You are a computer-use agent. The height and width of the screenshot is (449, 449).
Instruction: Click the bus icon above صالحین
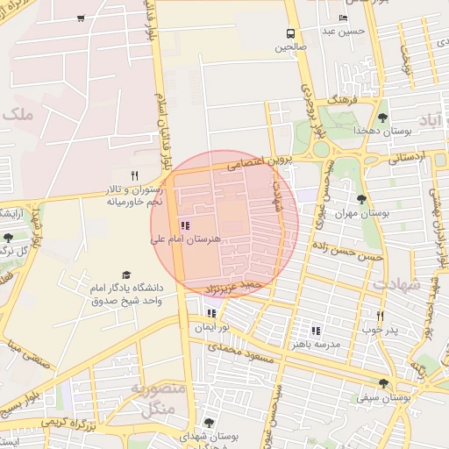coord(289,33)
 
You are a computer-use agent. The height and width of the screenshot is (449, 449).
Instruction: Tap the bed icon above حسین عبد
coord(342,18)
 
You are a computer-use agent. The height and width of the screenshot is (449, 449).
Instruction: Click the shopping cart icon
coord(81,18)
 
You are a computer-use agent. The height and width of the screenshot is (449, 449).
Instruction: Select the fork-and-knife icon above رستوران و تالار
coord(134,175)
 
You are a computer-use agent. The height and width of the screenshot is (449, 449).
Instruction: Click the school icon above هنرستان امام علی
coord(184,225)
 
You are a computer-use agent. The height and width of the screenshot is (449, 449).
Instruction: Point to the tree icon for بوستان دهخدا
coord(382,118)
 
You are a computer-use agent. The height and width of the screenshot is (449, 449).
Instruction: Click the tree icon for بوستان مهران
coord(362,200)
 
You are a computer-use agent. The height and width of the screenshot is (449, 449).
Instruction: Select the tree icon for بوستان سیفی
coord(383,382)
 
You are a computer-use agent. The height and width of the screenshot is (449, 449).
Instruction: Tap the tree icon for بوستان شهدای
coord(209,423)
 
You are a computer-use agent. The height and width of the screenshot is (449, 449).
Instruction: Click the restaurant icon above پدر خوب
coord(380,316)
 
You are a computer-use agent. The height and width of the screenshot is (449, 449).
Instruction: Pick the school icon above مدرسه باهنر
coord(316,331)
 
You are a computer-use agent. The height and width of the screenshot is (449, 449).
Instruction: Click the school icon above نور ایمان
coord(211,313)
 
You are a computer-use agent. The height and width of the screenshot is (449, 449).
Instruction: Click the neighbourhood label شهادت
coord(396,285)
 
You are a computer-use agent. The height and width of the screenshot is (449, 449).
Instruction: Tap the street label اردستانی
coord(405,158)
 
